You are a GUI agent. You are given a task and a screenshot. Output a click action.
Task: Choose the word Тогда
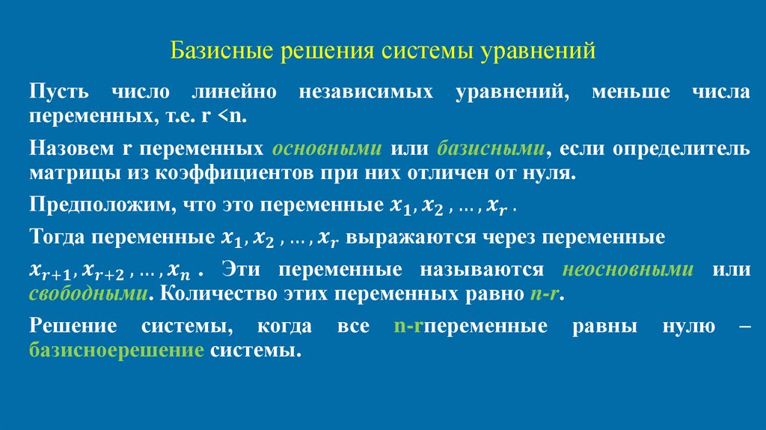tap(57, 238)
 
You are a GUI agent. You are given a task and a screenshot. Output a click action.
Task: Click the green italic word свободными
tap(87, 293)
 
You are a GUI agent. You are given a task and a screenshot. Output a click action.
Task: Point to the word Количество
tap(207, 293)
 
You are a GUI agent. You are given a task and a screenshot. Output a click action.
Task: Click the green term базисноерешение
tap(117, 351)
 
